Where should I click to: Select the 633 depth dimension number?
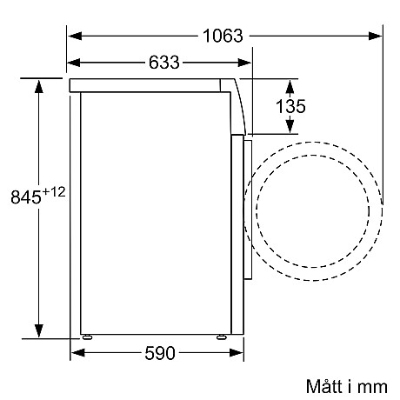[x=163, y=62]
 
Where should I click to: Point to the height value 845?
[x=25, y=197]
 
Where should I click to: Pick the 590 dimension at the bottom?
[x=157, y=353]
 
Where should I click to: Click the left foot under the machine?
[x=86, y=337]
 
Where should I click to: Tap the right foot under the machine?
[x=222, y=337]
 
